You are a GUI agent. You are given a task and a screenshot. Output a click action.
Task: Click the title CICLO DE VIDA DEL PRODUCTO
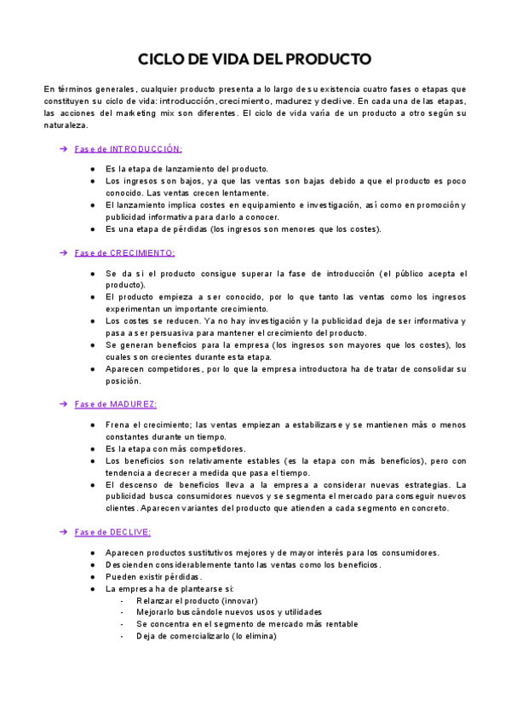[255, 60]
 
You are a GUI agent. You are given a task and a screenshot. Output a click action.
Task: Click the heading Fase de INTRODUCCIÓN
[128, 148]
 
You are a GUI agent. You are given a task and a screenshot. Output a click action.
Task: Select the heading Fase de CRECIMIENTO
[124, 252]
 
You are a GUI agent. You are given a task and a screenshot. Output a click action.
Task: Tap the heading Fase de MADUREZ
[115, 403]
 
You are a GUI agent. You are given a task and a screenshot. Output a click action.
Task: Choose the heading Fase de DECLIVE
[112, 532]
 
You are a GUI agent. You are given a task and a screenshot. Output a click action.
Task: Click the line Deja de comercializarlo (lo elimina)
[206, 636]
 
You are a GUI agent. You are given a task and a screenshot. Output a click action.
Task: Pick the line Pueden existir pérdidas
[154, 576]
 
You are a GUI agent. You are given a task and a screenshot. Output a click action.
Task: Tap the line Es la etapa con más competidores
[175, 448]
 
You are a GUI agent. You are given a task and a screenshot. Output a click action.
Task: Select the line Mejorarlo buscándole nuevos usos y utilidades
[229, 612]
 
